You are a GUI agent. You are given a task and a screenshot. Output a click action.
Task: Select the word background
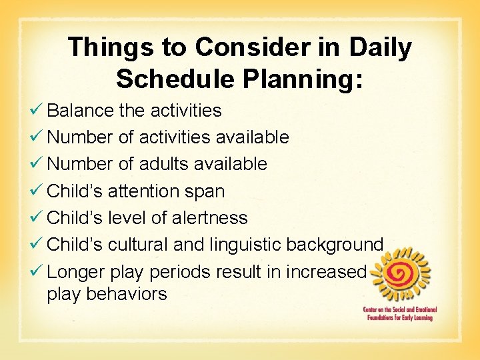coord(335,245)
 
